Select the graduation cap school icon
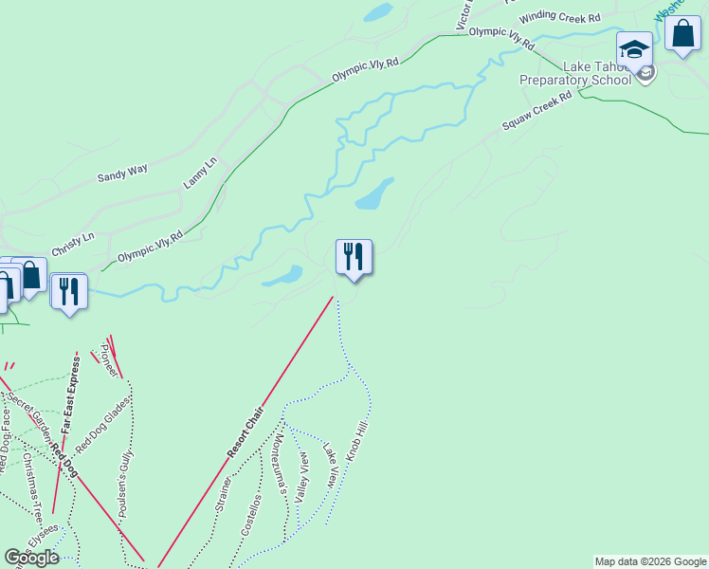pyautogui.click(x=634, y=48)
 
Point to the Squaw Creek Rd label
pyautogui.click(x=537, y=111)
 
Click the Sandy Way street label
pyautogui.click(x=123, y=173)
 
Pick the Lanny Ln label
pyautogui.click(x=200, y=173)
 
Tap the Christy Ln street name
pyautogui.click(x=73, y=238)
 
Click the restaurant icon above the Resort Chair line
pyautogui.click(x=354, y=257)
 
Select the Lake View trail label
pyautogui.click(x=330, y=466)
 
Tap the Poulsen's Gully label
pyautogui.click(x=127, y=484)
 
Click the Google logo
pyautogui.click(x=31, y=558)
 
